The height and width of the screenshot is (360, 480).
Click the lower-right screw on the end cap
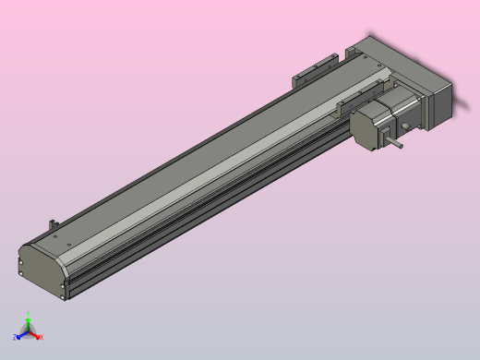pyautogui.click(x=62, y=296)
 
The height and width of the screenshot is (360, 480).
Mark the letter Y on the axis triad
pyautogui.click(x=28, y=314)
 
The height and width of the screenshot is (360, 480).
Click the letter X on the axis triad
pyautogui.click(x=42, y=337)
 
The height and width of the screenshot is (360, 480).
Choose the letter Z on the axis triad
pyautogui.click(x=16, y=338)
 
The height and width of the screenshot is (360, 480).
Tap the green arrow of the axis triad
pyautogui.click(x=28, y=322)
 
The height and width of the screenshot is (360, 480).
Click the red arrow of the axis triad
pyautogui.click(x=35, y=335)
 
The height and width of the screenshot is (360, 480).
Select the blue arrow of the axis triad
pyautogui.click(x=22, y=335)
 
